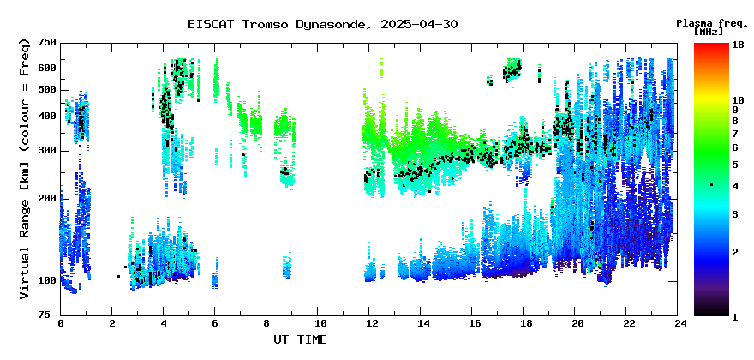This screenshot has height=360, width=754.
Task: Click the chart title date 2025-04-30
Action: click(x=419, y=24)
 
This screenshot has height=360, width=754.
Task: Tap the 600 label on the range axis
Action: click(x=49, y=69)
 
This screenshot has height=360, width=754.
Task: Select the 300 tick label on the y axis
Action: click(x=49, y=151)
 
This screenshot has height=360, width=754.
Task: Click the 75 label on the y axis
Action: click(x=51, y=315)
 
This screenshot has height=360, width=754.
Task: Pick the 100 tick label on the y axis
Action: click(x=49, y=280)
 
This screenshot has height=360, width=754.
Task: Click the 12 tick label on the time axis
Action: click(x=369, y=324)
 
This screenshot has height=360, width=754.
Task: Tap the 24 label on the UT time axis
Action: click(x=678, y=324)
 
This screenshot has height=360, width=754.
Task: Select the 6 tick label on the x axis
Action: click(x=215, y=324)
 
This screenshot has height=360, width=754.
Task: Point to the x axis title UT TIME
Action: click(x=300, y=339)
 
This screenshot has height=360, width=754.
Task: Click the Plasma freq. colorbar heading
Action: click(x=712, y=23)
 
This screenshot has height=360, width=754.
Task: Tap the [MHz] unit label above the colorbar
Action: click(x=709, y=32)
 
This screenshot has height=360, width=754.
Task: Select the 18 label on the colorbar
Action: click(x=738, y=45)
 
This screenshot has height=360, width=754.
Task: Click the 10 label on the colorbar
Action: click(x=738, y=100)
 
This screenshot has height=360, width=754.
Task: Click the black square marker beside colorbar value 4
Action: click(x=712, y=185)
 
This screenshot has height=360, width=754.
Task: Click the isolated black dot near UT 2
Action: click(x=118, y=276)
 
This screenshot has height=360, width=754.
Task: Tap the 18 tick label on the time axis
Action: click(x=524, y=324)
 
